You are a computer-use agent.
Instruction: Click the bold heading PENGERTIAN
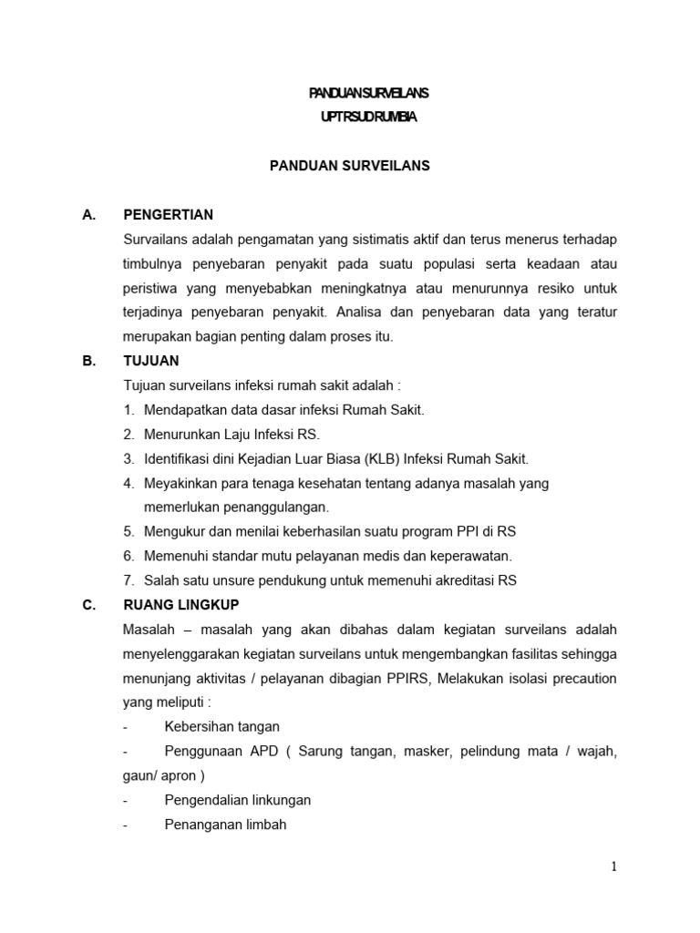point(168,215)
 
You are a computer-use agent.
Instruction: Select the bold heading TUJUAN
point(150,361)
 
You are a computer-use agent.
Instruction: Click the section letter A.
point(88,215)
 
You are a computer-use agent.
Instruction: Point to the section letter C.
point(88,605)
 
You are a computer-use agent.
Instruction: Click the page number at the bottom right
point(614,866)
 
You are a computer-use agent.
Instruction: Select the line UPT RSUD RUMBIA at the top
point(369,118)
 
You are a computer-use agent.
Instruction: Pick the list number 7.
point(129,580)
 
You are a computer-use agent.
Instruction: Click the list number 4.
point(129,483)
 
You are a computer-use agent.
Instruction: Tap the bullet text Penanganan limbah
point(225,825)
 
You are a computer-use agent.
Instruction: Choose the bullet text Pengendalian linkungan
point(238,800)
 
